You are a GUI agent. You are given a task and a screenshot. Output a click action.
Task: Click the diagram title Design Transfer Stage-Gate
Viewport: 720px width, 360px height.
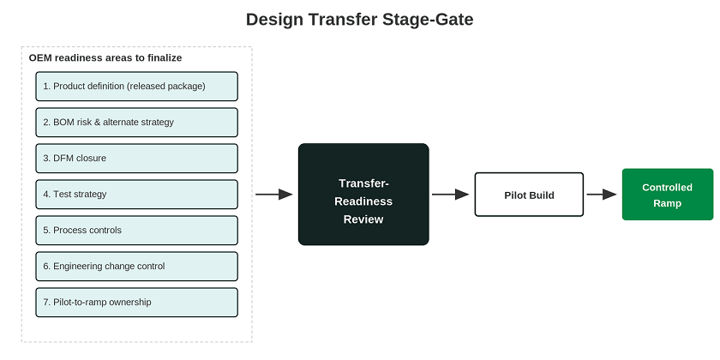click(x=359, y=20)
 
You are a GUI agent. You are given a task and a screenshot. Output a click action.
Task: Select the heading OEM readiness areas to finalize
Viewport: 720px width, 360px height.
click(x=105, y=58)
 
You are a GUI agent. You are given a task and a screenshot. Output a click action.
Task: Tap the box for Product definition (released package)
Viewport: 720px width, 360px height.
click(x=137, y=87)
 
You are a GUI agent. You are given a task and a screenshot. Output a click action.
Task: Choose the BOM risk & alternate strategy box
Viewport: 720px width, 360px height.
click(x=137, y=122)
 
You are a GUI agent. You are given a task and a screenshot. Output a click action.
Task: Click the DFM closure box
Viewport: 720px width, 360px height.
click(x=137, y=159)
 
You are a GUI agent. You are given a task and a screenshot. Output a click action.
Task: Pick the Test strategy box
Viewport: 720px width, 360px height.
click(x=137, y=195)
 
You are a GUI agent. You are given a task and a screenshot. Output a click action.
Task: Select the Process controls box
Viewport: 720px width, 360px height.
click(x=137, y=231)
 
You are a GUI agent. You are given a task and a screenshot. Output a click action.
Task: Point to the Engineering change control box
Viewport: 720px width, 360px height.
click(x=137, y=267)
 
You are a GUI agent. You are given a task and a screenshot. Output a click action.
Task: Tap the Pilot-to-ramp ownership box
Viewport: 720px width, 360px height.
click(x=137, y=302)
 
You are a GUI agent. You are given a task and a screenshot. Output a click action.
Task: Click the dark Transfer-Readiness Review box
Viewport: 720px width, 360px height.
click(x=363, y=195)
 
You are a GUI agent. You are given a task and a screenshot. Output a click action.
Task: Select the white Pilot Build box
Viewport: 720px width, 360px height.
click(x=529, y=195)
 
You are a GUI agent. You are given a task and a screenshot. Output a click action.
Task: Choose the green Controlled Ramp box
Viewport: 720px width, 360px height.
click(x=668, y=195)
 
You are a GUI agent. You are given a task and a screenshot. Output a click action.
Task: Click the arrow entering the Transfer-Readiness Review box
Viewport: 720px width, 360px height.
click(x=274, y=195)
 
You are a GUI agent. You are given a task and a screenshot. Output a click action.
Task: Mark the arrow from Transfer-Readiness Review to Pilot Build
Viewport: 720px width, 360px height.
click(x=451, y=195)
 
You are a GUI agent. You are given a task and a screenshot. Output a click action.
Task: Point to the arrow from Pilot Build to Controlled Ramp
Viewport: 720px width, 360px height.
click(x=602, y=195)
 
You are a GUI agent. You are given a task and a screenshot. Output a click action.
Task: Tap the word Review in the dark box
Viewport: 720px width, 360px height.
click(x=363, y=219)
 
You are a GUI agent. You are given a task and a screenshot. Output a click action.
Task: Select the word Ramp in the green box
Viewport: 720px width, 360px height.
click(x=667, y=203)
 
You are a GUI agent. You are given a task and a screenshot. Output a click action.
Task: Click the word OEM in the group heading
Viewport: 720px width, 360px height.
click(x=39, y=58)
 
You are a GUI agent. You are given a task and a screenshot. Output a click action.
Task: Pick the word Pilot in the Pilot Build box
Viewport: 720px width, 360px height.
click(x=514, y=195)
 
